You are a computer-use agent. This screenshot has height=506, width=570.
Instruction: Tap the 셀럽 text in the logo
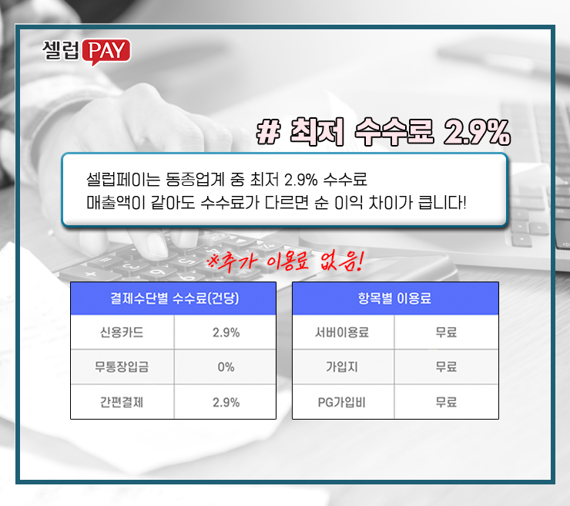click(60, 51)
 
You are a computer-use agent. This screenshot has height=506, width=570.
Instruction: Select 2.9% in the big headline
click(476, 133)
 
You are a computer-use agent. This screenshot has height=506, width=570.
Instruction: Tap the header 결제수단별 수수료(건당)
click(173, 299)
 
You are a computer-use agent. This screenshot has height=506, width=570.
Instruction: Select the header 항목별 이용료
click(395, 299)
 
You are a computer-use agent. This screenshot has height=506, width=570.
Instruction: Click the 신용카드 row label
click(122, 332)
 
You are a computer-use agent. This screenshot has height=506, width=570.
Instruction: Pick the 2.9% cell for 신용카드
click(226, 332)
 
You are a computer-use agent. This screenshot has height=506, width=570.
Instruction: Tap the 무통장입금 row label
click(122, 367)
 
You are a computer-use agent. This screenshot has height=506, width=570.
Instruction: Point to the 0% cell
click(226, 367)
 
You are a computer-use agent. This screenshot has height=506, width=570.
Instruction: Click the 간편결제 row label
click(122, 402)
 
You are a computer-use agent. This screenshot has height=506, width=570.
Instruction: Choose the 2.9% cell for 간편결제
click(226, 402)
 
